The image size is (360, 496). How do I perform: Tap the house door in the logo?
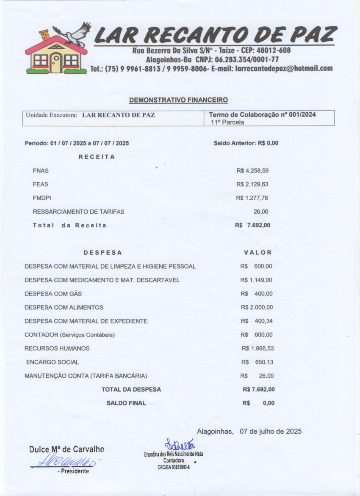coord(56,62)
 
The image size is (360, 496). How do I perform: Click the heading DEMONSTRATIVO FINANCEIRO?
coord(178,100)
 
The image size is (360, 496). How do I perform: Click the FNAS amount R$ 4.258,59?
coord(252,171)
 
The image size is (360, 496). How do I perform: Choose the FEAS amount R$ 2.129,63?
coord(252,184)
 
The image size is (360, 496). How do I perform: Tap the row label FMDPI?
coord(42,198)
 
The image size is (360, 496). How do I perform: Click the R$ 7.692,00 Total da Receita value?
coord(252,225)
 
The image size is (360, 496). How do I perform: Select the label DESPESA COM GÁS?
coord(53,294)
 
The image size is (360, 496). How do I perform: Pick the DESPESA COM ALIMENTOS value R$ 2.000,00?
coord(257,307)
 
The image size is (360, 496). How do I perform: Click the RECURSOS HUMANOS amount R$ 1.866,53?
coord(258,348)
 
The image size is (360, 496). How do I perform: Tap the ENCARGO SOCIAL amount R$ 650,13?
coord(257,362)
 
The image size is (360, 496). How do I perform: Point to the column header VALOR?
coord(258,253)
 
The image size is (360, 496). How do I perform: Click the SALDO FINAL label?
coord(126,403)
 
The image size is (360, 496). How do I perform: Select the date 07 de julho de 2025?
coord(271,432)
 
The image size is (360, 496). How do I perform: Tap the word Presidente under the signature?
coord(74,471)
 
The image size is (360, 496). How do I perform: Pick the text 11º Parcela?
coord(227,122)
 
